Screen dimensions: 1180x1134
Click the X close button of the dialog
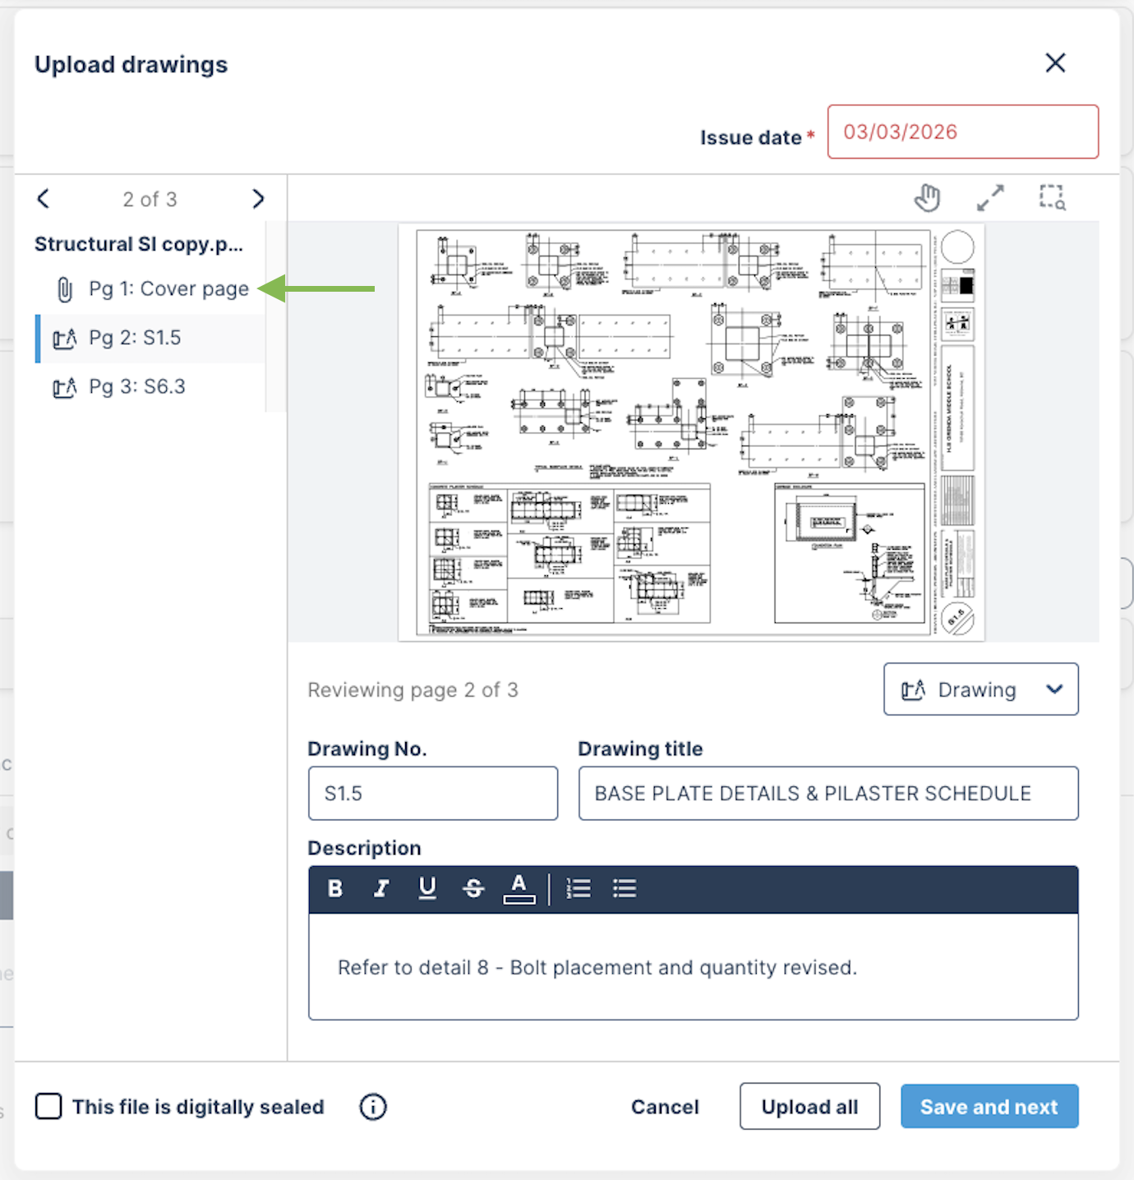[x=1055, y=62]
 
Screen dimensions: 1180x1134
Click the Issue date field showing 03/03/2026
[x=962, y=131]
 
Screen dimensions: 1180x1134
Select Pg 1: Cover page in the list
[x=168, y=289]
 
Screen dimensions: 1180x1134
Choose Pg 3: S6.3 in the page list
[x=136, y=387]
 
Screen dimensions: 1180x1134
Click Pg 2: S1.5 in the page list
[x=135, y=338]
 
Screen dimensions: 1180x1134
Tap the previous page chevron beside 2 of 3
[x=44, y=199]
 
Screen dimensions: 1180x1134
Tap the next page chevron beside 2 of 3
[x=258, y=199]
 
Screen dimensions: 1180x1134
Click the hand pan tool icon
[x=927, y=198]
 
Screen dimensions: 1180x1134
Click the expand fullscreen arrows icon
[x=990, y=198]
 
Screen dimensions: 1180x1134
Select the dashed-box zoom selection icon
[x=1053, y=198]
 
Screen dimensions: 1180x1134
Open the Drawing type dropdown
[x=980, y=689]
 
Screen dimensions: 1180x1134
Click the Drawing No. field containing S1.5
[x=432, y=794]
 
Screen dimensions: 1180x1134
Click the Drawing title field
[x=827, y=794]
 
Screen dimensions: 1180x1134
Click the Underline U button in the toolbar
[x=427, y=888]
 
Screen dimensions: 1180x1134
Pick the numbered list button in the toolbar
[x=579, y=888]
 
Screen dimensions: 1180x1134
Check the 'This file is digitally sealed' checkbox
[x=48, y=1107]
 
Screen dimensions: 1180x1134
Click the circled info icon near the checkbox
[x=373, y=1107]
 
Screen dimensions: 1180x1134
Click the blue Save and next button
[x=989, y=1107]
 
